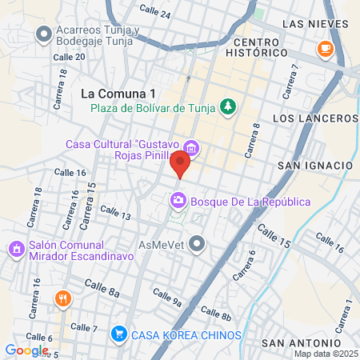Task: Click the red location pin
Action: click(180, 166)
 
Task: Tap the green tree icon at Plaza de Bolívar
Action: click(230, 106)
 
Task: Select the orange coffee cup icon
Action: click(325, 50)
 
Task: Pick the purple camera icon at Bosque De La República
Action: click(178, 200)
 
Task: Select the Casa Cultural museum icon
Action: click(191, 148)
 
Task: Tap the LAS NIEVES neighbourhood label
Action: click(316, 23)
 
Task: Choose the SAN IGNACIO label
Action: click(314, 165)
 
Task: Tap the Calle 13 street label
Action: click(116, 212)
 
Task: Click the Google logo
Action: click(26, 350)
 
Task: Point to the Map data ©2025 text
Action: click(326, 354)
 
